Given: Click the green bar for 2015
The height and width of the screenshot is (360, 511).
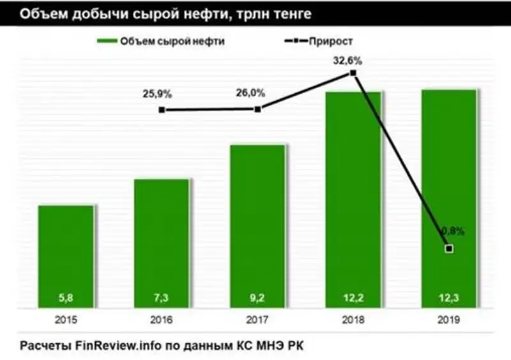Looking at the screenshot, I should tap(66, 255).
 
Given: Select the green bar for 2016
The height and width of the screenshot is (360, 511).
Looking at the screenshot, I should tap(162, 243).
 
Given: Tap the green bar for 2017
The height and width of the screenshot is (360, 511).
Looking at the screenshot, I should tap(257, 223).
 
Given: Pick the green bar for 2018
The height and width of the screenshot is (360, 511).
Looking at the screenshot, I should tap(353, 198).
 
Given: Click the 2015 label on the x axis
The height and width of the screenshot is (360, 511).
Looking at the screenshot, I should tap(66, 319).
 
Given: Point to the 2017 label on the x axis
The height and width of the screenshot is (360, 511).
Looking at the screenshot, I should tap(257, 319).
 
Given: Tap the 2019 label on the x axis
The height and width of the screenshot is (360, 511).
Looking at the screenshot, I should tap(449, 319).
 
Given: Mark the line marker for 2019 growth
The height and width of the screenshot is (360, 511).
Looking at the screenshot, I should tap(449, 248).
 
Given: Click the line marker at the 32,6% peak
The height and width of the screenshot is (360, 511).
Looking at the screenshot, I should tap(353, 73).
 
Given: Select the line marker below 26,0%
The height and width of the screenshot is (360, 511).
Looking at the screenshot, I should tap(257, 109).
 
